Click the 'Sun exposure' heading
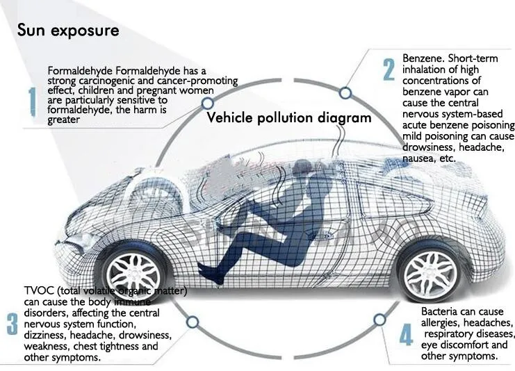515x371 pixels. [68, 31]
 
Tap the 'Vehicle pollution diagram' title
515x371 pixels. [289, 117]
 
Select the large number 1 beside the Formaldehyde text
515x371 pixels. [31, 102]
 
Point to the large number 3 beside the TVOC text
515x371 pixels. [13, 324]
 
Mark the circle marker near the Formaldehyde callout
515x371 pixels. [206, 103]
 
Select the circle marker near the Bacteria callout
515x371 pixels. [379, 320]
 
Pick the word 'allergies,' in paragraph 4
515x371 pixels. [444, 324]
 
